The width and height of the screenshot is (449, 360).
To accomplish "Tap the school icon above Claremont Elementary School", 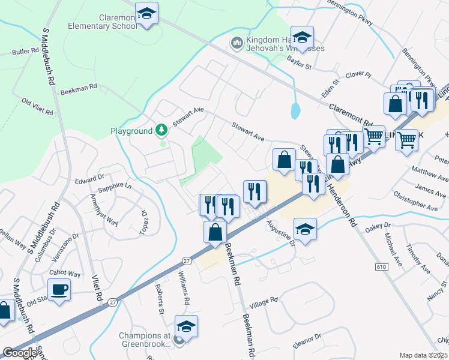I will pyautogui.click(x=145, y=13).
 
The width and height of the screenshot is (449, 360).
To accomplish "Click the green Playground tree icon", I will pyautogui.click(x=161, y=130).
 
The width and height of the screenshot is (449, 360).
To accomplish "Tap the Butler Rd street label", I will pyautogui.click(x=25, y=52).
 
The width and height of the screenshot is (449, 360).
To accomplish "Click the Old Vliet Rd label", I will pyautogui.click(x=37, y=107).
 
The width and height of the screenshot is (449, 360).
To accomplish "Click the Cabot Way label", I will pyautogui.click(x=66, y=274).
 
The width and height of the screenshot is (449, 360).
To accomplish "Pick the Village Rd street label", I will pyautogui.click(x=265, y=300).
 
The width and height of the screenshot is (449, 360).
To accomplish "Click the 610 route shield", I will pyautogui.click(x=382, y=266).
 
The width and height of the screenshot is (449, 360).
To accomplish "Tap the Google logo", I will pyautogui.click(x=20, y=353).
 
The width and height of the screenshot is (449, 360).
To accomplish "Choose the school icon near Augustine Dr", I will pyautogui.click(x=305, y=229).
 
